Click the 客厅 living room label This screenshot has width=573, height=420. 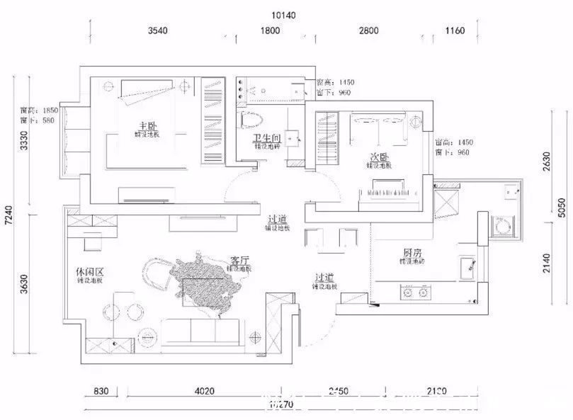(239, 261)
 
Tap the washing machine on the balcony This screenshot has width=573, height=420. (504, 227)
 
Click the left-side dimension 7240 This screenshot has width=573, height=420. (8, 212)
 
